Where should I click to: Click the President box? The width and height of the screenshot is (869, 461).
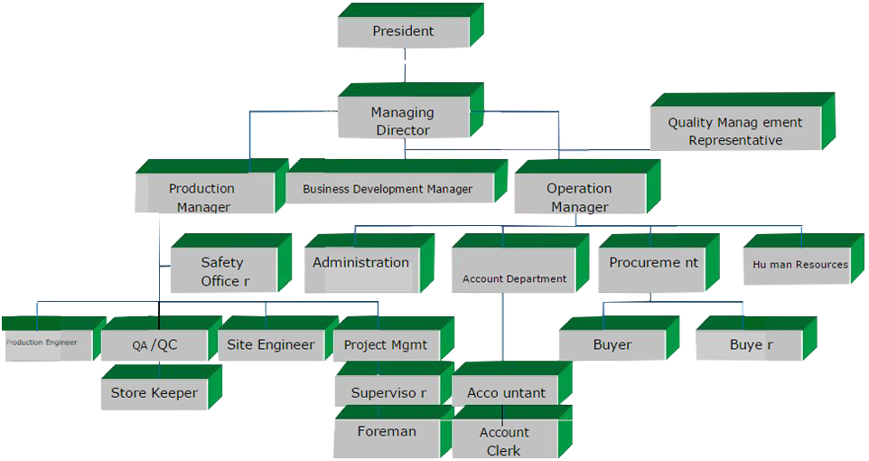coord(403,32)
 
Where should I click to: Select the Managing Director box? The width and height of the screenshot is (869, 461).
coord(402,121)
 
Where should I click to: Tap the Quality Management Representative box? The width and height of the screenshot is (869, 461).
coord(734,131)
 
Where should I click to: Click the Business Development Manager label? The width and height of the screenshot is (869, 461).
coord(388,190)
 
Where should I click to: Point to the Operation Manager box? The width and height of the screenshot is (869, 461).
coord(579,197)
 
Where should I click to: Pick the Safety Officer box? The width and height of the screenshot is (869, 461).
coord(222,271)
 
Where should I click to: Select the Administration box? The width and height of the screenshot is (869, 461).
coord(360,263)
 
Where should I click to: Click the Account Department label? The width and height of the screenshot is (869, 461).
coord(514,279)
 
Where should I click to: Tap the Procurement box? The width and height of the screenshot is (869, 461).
coord(653,263)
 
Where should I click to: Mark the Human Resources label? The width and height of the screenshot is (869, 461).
coord(800,265)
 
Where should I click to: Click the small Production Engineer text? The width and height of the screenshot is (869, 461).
coord(42,343)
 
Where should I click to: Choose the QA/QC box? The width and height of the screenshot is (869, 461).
coord(154,344)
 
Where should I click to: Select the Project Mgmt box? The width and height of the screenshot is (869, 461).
coord(386,344)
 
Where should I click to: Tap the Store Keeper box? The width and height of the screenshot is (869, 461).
coord(154,393)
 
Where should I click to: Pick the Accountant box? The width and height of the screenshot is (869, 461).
coord(506,393)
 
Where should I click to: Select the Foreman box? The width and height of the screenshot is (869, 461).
coord(387,432)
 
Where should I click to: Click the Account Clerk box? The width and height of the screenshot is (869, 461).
coord(505,441)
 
